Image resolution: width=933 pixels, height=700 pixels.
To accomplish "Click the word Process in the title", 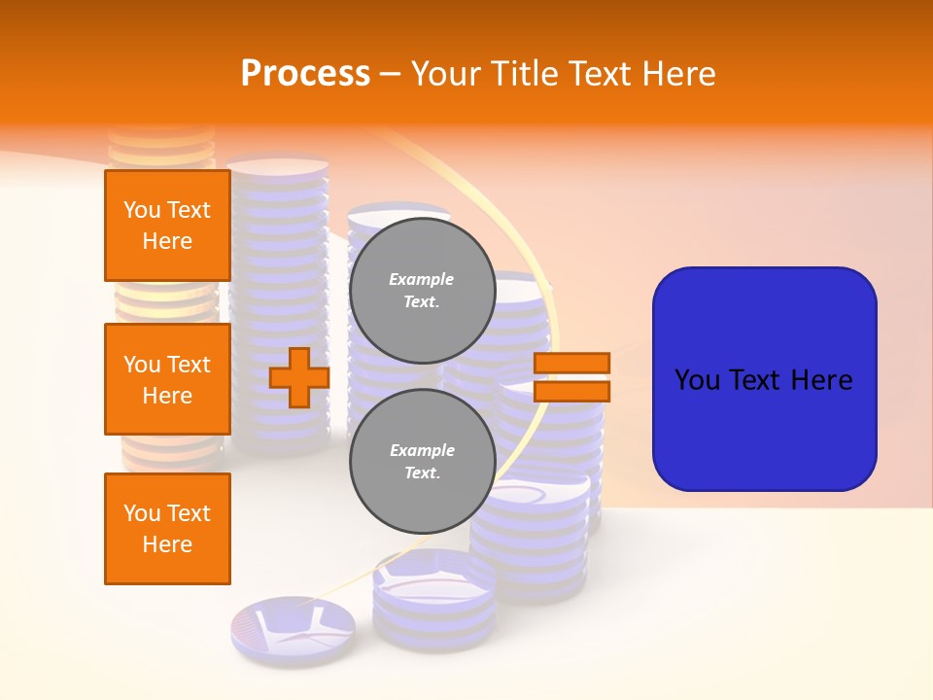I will pyautogui.click(x=305, y=74).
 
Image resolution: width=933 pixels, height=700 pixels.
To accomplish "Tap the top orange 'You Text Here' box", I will pyautogui.click(x=167, y=226).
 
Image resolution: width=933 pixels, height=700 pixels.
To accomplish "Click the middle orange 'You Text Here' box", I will pyautogui.click(x=167, y=379).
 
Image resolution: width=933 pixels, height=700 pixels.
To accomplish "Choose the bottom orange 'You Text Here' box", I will pyautogui.click(x=167, y=529).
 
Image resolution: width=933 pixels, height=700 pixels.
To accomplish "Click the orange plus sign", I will pyautogui.click(x=299, y=377).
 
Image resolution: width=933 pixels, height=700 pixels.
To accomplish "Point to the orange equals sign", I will pyautogui.click(x=572, y=377).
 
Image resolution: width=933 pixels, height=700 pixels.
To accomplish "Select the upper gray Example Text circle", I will pyautogui.click(x=423, y=291).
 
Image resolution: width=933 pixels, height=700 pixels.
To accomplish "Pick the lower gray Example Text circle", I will pyautogui.click(x=423, y=462).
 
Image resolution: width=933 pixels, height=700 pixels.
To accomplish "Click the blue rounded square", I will pyautogui.click(x=764, y=379).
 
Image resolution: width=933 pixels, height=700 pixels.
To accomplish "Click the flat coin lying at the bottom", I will pyautogui.click(x=293, y=626).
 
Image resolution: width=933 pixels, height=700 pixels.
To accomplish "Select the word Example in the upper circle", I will pyautogui.click(x=422, y=279).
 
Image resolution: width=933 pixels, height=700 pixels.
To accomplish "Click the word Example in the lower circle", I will pyautogui.click(x=422, y=450).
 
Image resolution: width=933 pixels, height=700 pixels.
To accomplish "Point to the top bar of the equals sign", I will pyautogui.click(x=572, y=363).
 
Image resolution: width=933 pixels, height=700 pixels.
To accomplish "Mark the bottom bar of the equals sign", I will pyautogui.click(x=572, y=391).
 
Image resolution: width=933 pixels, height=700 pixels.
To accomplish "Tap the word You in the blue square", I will pyautogui.click(x=696, y=380).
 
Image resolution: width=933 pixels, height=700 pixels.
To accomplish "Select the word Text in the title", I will pyautogui.click(x=601, y=74).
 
